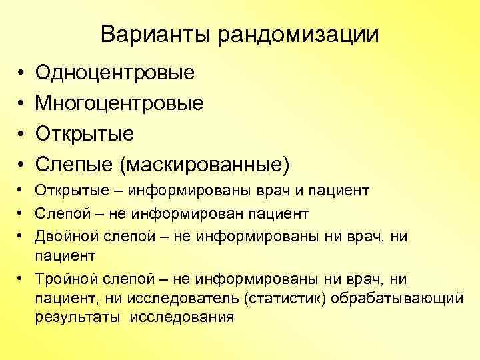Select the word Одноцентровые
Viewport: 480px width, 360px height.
[115, 72]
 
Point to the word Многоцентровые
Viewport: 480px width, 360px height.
[119, 103]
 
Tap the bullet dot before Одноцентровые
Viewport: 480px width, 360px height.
[21, 72]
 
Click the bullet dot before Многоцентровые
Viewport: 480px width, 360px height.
[21, 103]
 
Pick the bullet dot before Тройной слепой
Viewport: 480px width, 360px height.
[21, 277]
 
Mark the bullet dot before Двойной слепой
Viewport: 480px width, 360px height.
[21, 235]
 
